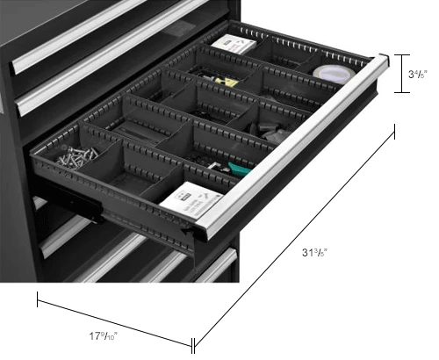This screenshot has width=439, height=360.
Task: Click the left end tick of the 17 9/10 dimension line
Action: [38, 301]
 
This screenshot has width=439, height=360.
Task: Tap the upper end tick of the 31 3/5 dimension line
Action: [394, 131]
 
